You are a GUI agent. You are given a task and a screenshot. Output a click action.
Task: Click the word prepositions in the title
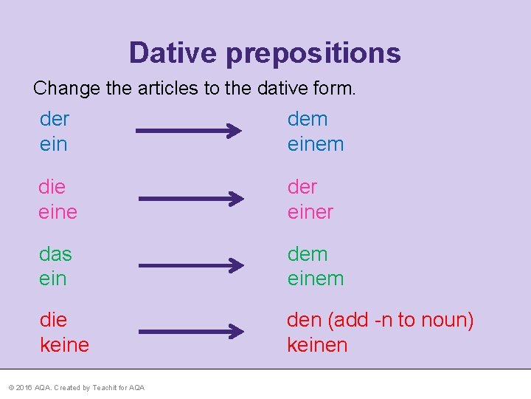313,53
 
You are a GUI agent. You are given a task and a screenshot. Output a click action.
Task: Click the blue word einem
316,144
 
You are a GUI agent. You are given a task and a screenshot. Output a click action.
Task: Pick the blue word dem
308,119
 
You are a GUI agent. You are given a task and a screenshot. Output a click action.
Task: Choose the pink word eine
58,212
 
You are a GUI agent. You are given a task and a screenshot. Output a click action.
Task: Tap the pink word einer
310,212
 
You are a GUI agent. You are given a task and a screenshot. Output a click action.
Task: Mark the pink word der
302,187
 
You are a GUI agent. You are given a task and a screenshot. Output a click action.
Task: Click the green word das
56,254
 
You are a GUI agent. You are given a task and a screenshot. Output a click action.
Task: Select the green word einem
316,279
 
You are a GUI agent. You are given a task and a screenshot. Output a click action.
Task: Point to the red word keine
64,344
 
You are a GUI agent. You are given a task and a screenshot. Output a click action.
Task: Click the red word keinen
317,344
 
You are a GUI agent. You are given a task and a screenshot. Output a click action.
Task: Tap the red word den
304,320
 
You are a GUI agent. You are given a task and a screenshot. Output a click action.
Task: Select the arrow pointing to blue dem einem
189,132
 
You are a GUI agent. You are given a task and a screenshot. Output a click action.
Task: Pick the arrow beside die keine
192,332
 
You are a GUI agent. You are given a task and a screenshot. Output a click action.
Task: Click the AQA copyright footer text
76,388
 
